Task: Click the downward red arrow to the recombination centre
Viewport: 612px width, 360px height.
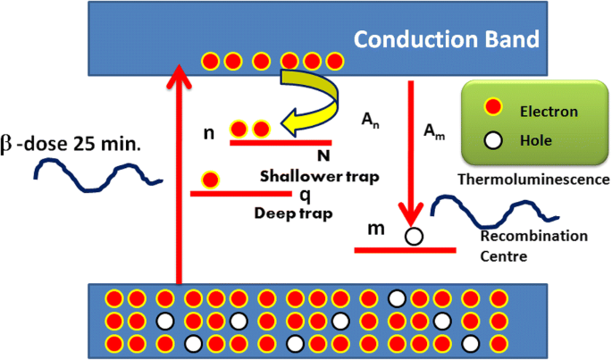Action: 411,152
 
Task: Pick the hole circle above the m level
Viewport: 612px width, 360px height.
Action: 413,237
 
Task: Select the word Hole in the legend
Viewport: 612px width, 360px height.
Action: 541,140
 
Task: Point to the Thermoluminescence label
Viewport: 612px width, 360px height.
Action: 533,180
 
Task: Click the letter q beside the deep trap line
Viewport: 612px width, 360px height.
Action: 304,193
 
